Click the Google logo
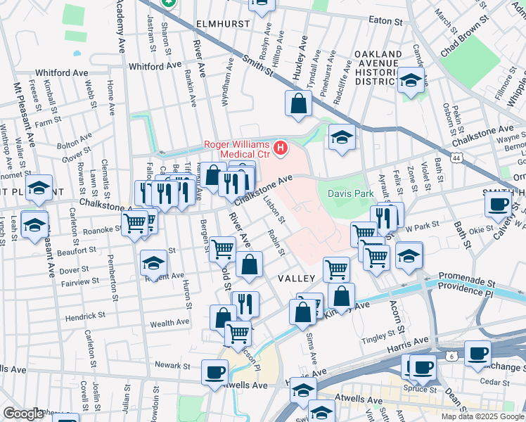[23, 414]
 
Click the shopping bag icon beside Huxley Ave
[298, 103]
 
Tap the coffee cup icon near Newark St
[214, 372]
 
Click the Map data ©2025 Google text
[482, 416]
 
